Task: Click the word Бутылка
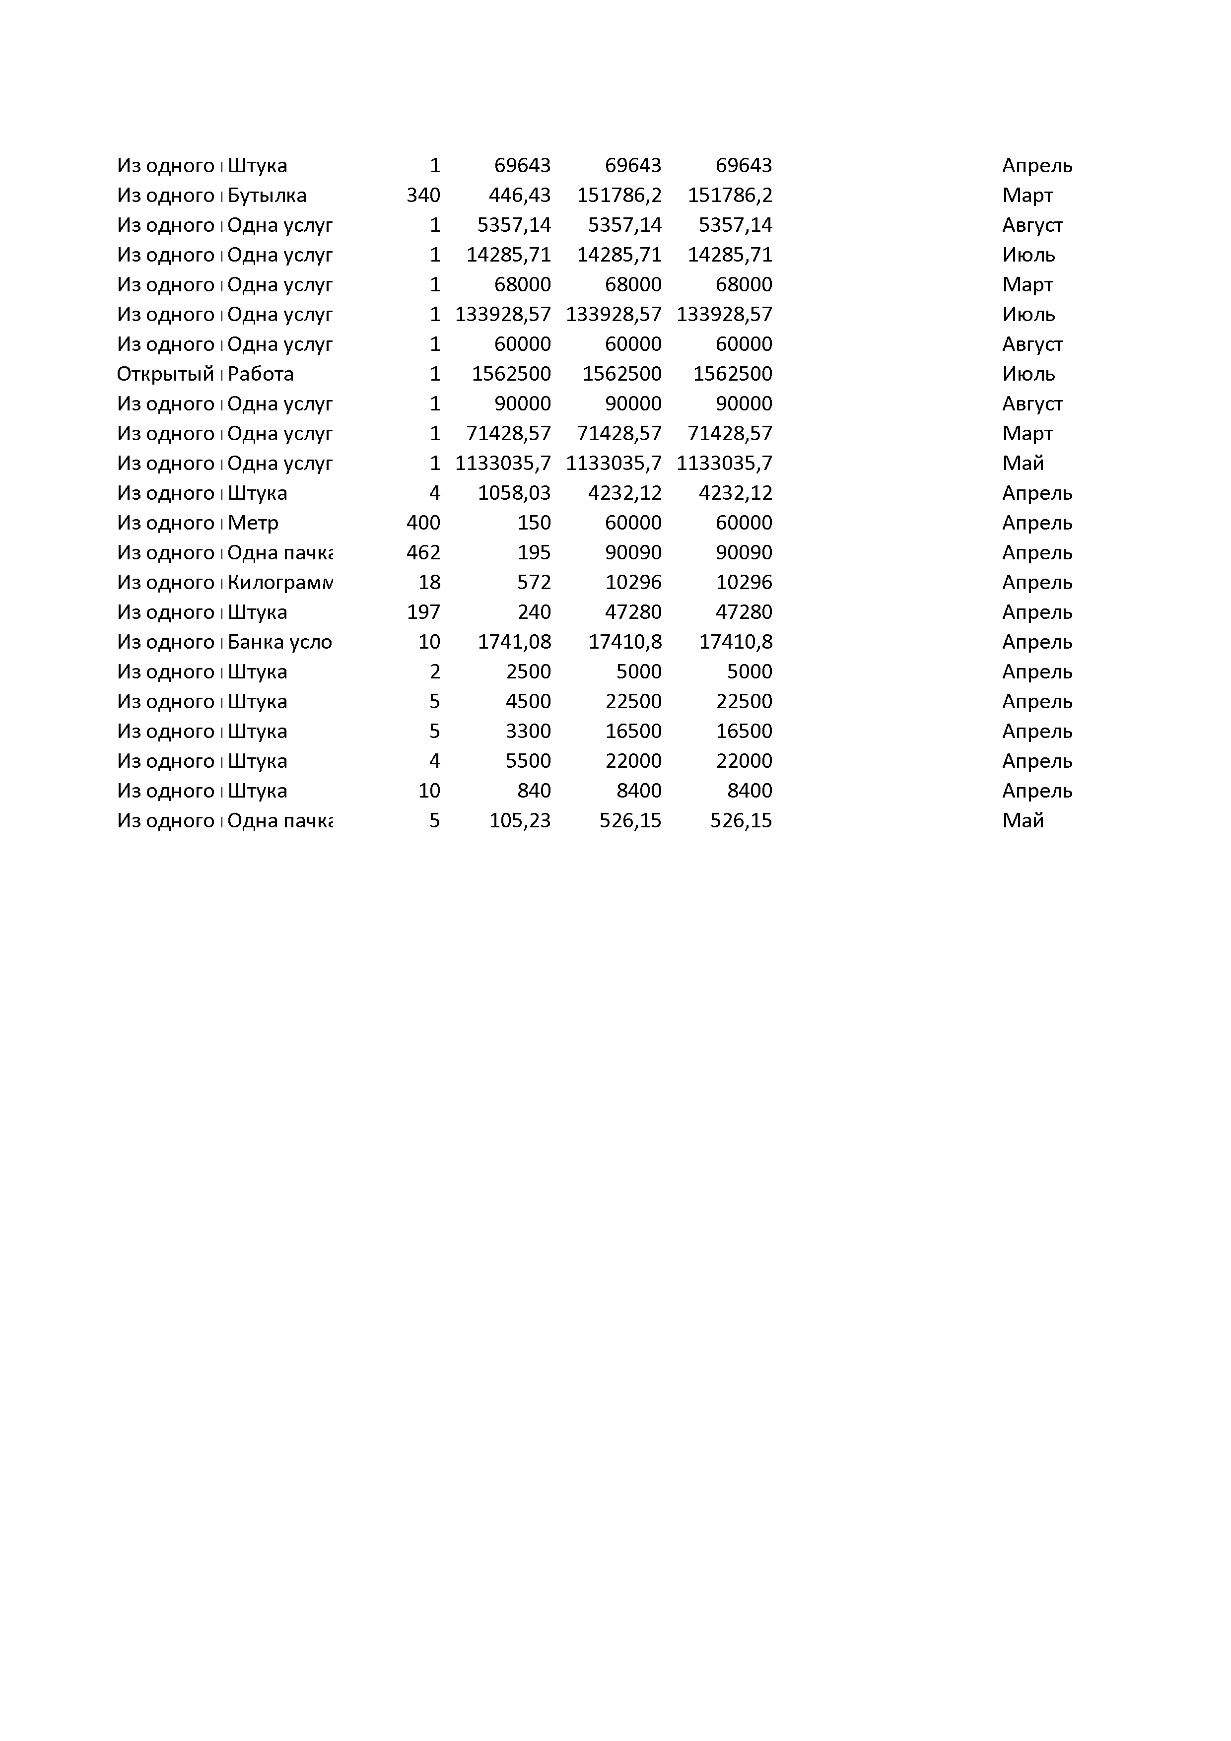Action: click(x=267, y=196)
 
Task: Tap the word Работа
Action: click(x=260, y=374)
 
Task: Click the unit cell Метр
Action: click(x=253, y=523)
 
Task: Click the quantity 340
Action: click(x=423, y=196)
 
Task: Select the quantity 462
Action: click(x=423, y=553)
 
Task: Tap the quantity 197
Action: click(x=423, y=612)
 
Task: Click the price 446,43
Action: click(x=520, y=196)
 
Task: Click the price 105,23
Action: click(x=520, y=820)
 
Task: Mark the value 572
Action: click(x=534, y=582)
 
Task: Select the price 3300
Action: click(x=528, y=731)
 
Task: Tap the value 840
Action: click(x=534, y=791)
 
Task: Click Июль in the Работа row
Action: click(x=1028, y=374)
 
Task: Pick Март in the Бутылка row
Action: click(x=1027, y=196)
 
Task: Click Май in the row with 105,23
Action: click(x=1023, y=820)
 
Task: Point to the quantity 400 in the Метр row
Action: click(x=423, y=523)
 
